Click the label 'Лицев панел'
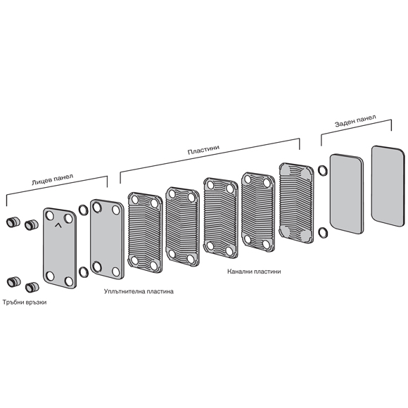click(x=52, y=179)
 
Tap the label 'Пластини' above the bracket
click(x=203, y=150)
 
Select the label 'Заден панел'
click(x=355, y=121)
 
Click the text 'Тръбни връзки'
click(x=25, y=302)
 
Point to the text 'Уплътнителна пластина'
click(x=139, y=291)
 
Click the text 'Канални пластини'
click(x=254, y=272)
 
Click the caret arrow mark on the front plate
click(x=58, y=225)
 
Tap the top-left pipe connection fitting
click(x=13, y=222)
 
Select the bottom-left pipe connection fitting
click(x=14, y=282)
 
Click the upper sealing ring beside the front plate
click(x=83, y=210)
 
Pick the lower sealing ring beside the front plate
click(x=83, y=272)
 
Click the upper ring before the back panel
click(x=323, y=170)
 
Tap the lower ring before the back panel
click(x=323, y=233)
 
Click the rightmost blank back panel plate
click(x=388, y=186)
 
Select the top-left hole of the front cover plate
click(x=50, y=216)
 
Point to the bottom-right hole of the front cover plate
click(x=69, y=281)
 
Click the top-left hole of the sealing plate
click(x=97, y=208)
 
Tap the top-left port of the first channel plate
click(x=135, y=200)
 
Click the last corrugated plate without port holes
click(x=296, y=203)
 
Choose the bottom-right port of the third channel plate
click(x=229, y=251)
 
